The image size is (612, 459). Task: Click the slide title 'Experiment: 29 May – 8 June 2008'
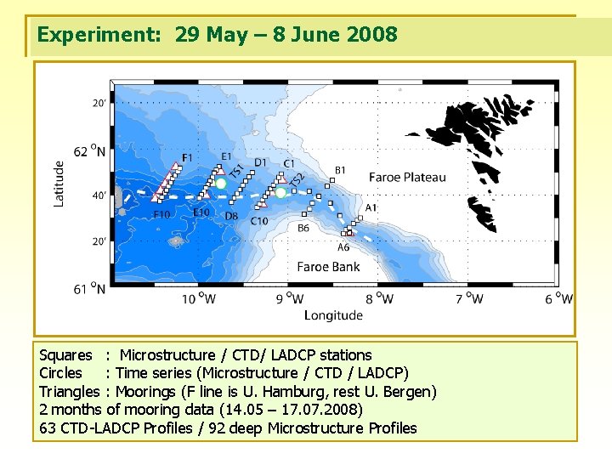(x=217, y=35)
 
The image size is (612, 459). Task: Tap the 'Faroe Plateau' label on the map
(x=406, y=178)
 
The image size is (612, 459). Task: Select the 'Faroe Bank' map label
(x=328, y=267)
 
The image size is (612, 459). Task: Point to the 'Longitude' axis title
(x=333, y=315)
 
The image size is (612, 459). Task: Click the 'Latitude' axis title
(x=59, y=183)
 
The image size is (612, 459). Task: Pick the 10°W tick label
(x=199, y=298)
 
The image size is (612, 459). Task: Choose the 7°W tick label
(x=469, y=298)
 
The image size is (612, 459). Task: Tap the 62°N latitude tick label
(x=90, y=151)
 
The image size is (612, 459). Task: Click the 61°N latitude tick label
(x=90, y=289)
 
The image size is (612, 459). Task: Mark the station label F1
(x=187, y=157)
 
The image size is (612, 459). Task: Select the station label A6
(x=343, y=247)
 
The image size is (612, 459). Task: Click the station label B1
(x=340, y=171)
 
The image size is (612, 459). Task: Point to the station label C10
(x=259, y=221)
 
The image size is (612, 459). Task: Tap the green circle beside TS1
(x=221, y=183)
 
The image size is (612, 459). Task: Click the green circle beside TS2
(x=280, y=192)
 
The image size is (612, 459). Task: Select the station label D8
(x=231, y=217)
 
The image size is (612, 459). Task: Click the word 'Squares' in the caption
(x=65, y=355)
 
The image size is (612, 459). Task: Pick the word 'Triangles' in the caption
(x=70, y=392)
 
